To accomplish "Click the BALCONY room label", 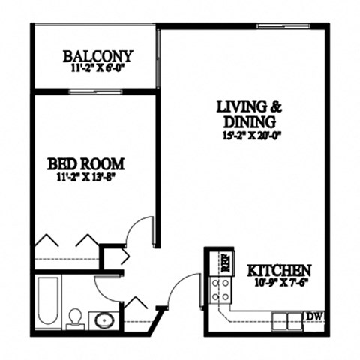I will coord(97,55).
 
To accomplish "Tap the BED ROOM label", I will coord(85,164).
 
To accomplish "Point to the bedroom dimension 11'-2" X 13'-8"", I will coord(85,177).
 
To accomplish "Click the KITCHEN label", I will coord(280,269).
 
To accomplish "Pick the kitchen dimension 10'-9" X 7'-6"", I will coord(280,282).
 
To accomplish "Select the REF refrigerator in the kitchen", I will coord(223,262).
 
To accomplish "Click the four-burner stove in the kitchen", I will coord(220,289).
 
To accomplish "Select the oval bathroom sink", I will coord(103,320).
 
